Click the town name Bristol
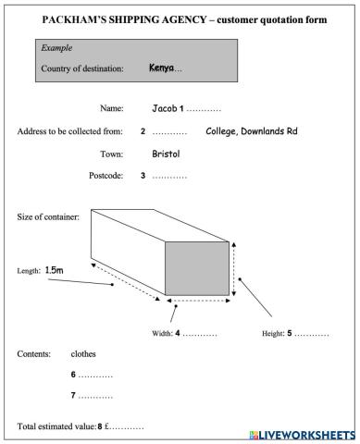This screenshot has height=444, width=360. point(166,154)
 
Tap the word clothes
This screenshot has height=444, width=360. point(83,353)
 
